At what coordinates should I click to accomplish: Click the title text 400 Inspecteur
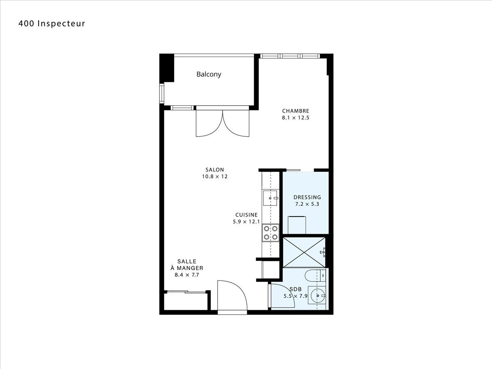click(x=52, y=23)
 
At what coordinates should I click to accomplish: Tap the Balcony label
click(x=209, y=74)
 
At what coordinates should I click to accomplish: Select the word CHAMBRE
click(x=296, y=111)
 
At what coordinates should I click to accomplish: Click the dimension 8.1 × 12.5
click(x=296, y=118)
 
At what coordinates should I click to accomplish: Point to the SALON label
click(x=214, y=170)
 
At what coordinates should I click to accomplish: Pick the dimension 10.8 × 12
click(x=214, y=177)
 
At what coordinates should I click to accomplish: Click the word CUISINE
click(x=246, y=215)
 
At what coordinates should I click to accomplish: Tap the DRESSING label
click(x=307, y=197)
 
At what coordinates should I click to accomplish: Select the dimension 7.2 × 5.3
click(x=307, y=204)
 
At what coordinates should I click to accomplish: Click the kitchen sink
click(x=270, y=198)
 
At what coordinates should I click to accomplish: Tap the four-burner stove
click(x=271, y=233)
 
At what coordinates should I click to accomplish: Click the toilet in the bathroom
click(x=315, y=276)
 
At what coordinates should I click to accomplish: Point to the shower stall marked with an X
click(x=304, y=253)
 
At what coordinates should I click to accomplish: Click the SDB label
click(x=296, y=289)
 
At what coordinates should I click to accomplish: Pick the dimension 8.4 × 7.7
click(x=187, y=275)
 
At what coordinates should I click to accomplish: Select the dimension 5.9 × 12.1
click(x=246, y=222)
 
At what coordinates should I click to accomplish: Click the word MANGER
click(x=190, y=268)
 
